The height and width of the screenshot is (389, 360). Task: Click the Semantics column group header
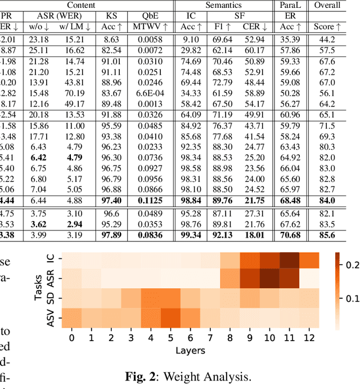[x=240, y=5]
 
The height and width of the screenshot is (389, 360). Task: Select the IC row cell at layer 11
[x=290, y=261]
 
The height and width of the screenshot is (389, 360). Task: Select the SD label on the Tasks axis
[x=49, y=298]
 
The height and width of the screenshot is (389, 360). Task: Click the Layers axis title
[x=189, y=350]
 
